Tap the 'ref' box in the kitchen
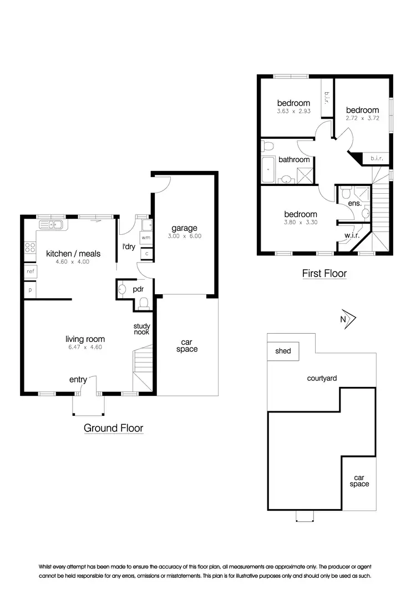pos(30,271)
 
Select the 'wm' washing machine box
pos(146,238)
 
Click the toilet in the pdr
pos(143,303)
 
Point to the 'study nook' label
pos(141,329)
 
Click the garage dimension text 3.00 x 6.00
pos(185,236)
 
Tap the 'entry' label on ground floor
pos(78,380)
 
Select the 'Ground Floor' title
pos(113,428)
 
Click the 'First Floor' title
pos(324,273)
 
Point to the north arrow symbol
pos(348,319)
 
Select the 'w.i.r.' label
pos(352,235)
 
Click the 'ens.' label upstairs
pos(354,203)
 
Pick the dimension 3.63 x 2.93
pos(293,111)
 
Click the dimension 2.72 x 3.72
pos(362,118)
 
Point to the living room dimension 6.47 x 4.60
pos(84,348)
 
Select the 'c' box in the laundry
pos(147,253)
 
